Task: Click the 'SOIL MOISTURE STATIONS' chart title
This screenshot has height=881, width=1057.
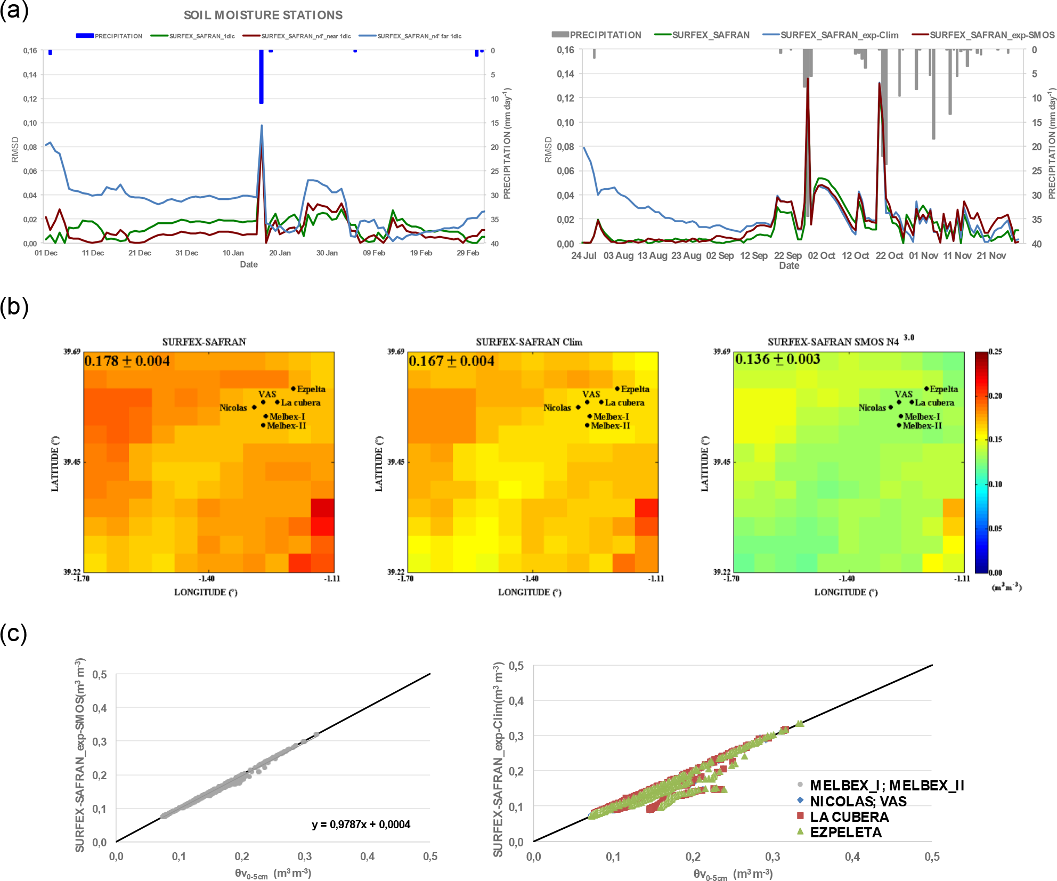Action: click(x=263, y=15)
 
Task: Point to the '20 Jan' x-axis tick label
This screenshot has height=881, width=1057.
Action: click(x=280, y=253)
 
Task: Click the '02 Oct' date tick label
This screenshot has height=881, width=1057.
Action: click(x=821, y=256)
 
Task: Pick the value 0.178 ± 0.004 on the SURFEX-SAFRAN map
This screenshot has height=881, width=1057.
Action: click(x=127, y=361)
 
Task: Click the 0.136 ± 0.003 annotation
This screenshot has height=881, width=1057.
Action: click(x=777, y=359)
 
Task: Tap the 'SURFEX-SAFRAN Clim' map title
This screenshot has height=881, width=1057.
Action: click(x=528, y=342)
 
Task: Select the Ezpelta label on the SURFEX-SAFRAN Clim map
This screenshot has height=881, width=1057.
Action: click(x=635, y=389)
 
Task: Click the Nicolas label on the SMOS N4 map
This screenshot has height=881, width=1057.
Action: click(x=872, y=408)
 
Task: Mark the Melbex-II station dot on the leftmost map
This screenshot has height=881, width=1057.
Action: click(x=263, y=425)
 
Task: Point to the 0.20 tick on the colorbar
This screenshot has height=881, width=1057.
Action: click(x=995, y=395)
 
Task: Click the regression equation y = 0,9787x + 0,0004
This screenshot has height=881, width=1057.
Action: click(x=361, y=825)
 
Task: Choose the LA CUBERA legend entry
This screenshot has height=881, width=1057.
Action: click(x=849, y=817)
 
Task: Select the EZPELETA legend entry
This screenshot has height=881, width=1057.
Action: click(x=845, y=832)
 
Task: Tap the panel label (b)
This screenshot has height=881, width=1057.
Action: click(x=14, y=307)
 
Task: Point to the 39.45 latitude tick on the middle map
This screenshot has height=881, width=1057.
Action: click(x=395, y=462)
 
